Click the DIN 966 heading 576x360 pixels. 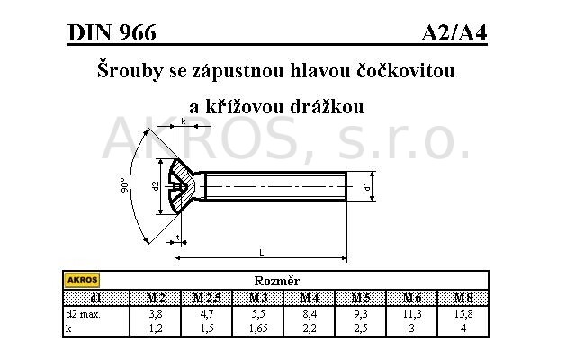coord(112,32)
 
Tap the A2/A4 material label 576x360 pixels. coord(454,33)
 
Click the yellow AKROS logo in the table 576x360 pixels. coord(82,280)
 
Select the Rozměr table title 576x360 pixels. coord(276,281)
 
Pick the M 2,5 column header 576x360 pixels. coord(207,298)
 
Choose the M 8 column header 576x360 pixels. coord(463,298)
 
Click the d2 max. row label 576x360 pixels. coord(83,314)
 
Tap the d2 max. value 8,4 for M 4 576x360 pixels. coord(310,314)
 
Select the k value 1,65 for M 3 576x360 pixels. coord(258,328)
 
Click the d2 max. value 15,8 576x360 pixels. coord(463,314)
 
